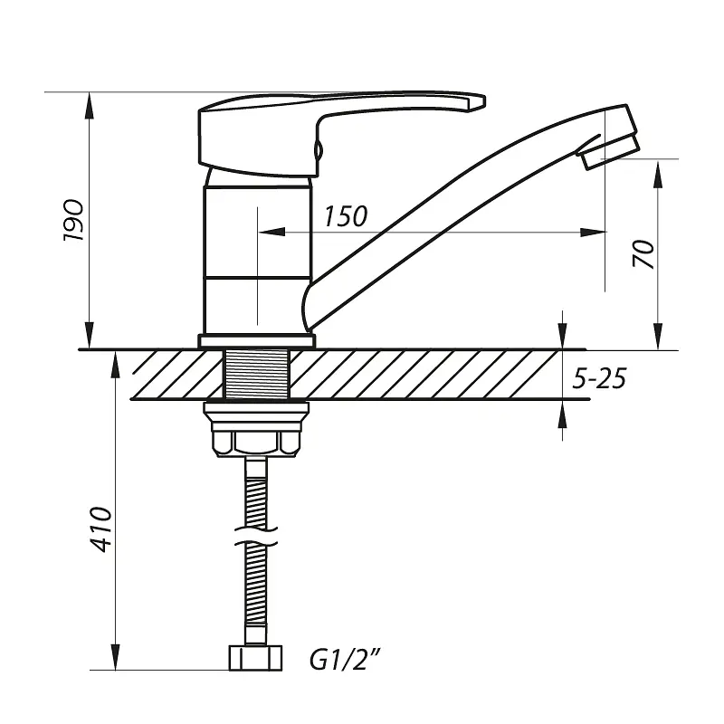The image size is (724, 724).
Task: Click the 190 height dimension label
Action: click(x=74, y=220)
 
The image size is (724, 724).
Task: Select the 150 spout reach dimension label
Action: click(x=346, y=216)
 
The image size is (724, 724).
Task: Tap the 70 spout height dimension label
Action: click(x=643, y=253)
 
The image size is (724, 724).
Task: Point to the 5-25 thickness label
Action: click(x=599, y=378)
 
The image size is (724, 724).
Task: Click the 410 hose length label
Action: click(x=100, y=529)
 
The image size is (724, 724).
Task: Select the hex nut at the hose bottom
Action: click(x=255, y=658)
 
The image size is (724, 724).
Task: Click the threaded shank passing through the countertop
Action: click(x=256, y=374)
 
